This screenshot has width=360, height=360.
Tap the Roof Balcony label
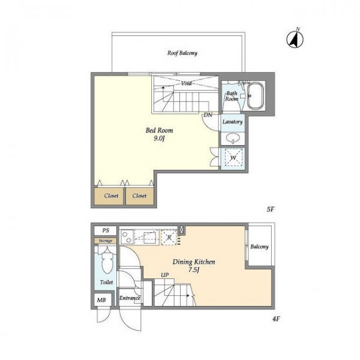[182, 53]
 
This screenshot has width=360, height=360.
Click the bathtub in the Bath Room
[256, 96]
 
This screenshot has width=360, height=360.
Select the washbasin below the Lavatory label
[233, 138]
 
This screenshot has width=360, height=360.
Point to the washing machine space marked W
[233, 157]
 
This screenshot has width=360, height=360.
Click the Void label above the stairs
[186, 83]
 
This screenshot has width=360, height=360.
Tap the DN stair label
[208, 115]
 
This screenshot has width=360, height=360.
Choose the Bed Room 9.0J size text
[160, 139]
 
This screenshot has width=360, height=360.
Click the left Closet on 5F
[109, 196]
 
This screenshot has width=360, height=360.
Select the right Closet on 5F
[140, 196]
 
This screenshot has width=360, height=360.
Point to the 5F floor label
[271, 209]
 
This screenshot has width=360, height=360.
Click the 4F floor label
[276, 319]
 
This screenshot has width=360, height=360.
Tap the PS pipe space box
[106, 230]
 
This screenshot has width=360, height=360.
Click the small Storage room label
[106, 241]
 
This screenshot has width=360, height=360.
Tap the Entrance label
[130, 298]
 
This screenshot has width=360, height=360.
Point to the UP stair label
[164, 275]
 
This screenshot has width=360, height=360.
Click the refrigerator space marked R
[169, 238]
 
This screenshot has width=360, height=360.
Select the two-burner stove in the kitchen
[127, 237]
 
